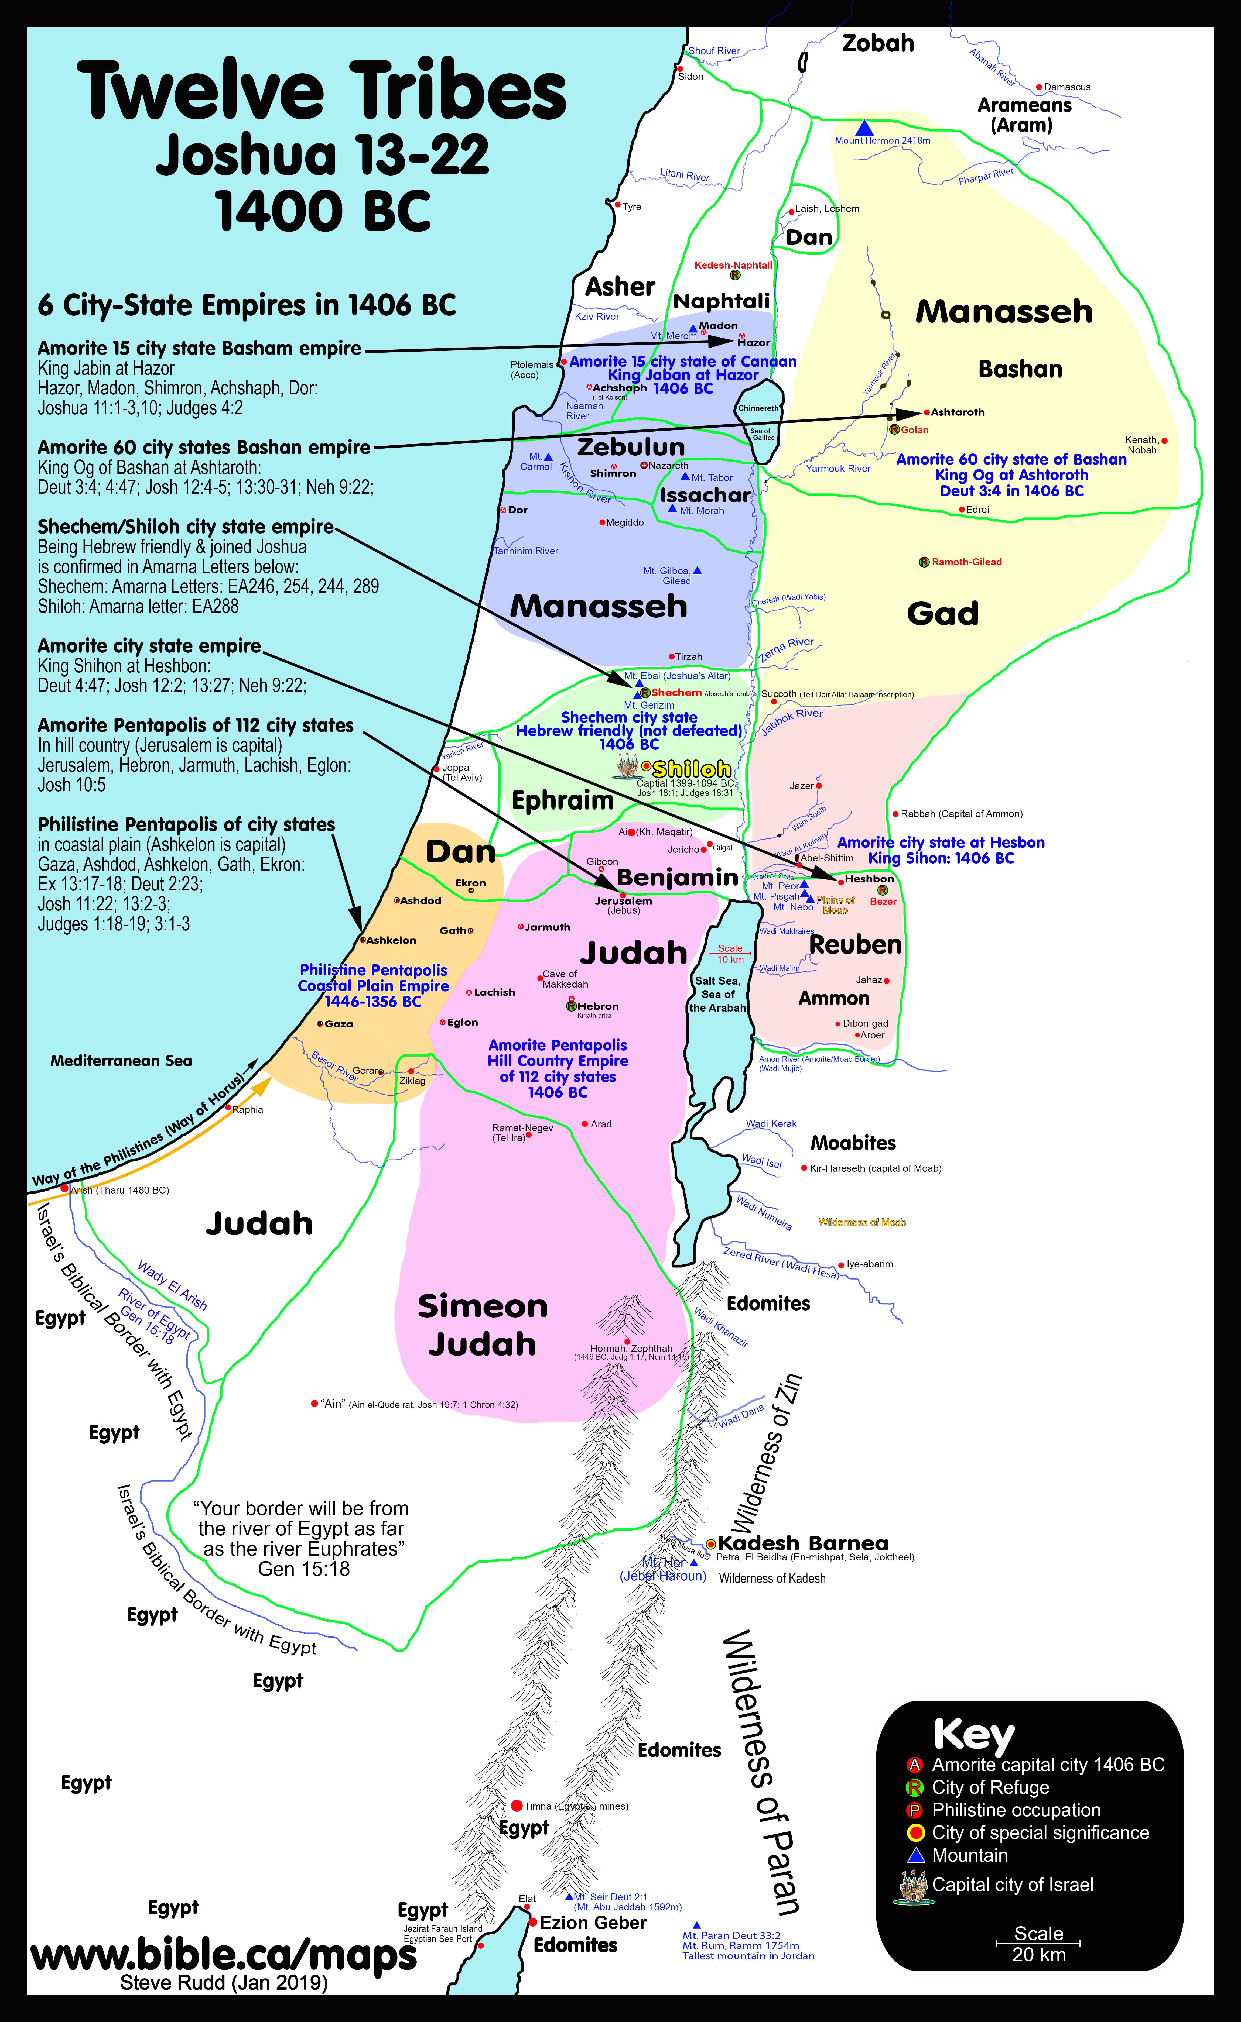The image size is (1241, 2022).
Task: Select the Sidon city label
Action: (690, 76)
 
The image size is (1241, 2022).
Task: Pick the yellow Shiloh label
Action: (691, 769)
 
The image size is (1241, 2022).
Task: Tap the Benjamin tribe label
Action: (677, 877)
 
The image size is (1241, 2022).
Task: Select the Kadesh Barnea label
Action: (803, 1543)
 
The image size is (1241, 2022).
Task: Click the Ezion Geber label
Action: (593, 1923)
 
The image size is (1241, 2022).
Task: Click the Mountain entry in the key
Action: (969, 1855)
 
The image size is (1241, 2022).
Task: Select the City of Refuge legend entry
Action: (990, 1787)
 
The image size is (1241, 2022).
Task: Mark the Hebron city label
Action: (597, 1006)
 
